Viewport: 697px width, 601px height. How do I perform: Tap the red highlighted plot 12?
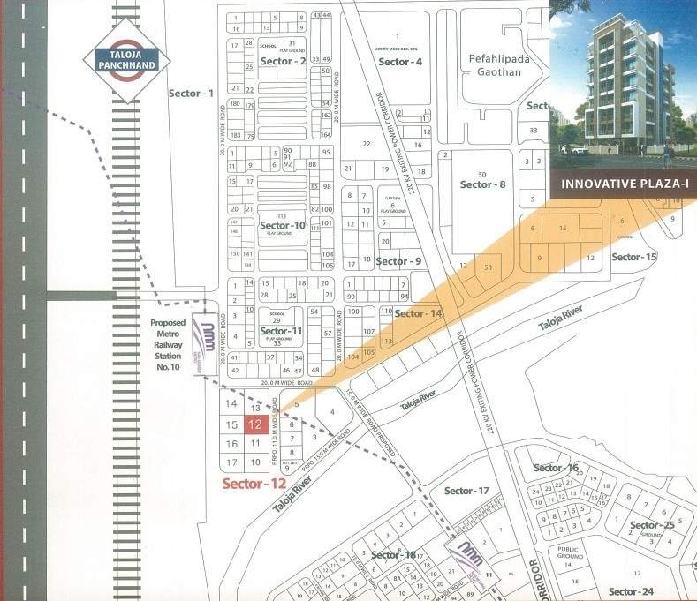coord(255,424)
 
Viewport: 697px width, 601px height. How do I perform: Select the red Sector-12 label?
coord(254,484)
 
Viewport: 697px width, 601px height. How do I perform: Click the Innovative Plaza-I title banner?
coord(618,184)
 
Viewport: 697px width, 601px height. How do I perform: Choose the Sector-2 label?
coord(284,61)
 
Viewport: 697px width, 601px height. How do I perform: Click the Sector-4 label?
coord(399,62)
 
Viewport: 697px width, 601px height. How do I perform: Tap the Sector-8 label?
coord(483,184)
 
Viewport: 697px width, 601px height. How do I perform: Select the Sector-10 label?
coord(283,226)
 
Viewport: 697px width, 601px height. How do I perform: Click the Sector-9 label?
coord(398,261)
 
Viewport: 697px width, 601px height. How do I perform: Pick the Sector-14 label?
coord(419,313)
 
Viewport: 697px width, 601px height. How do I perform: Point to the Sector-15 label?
coord(634,257)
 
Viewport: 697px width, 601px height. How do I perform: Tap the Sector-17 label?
coord(466,491)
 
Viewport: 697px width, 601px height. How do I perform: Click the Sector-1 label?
coord(192,93)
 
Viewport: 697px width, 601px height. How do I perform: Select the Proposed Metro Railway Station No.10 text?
coord(167,344)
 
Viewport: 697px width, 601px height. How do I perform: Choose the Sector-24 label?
coord(630,591)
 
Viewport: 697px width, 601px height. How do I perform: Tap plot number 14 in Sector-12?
coord(231,404)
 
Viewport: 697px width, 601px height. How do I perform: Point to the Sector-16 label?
coord(556,468)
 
